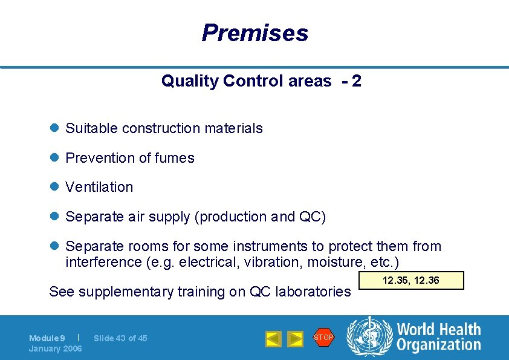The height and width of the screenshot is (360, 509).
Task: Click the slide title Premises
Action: pos(254,33)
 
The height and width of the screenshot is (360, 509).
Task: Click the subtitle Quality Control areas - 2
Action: pos(261,81)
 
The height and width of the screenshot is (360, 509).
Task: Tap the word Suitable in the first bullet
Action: pos(92,128)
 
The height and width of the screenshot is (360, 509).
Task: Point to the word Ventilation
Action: pos(99,187)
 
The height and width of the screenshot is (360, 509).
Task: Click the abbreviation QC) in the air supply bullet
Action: pos(313,217)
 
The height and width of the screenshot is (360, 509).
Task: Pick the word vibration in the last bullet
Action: pos(276,261)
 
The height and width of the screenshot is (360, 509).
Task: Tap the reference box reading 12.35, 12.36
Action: pos(411,281)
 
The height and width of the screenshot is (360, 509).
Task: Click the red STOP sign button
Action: pos(323,337)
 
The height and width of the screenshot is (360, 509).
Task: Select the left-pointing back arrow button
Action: pos(274,339)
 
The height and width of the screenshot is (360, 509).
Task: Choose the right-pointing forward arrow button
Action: pos(295,339)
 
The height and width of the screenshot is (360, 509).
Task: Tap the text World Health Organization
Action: pos(438,337)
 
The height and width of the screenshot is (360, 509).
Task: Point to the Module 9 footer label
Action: pos(47,338)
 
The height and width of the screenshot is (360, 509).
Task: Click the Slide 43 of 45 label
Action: pos(120,338)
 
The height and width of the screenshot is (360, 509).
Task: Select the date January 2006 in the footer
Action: pos(56,349)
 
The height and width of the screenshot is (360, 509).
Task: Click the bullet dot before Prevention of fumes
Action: pos(54,158)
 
